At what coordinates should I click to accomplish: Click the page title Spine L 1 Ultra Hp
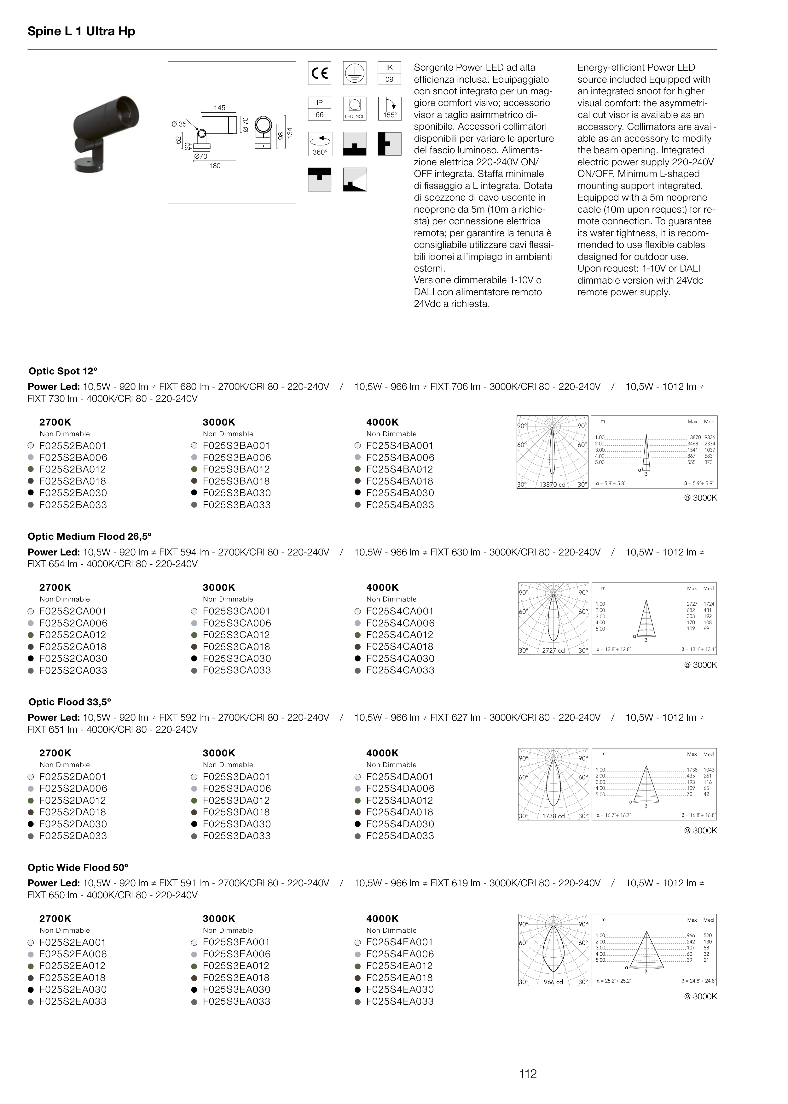[x=81, y=32]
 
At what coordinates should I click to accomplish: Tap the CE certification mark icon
[x=320, y=73]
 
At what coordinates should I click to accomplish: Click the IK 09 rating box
[x=389, y=73]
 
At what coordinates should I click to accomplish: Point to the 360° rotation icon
[x=320, y=144]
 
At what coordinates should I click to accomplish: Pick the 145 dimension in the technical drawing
[x=219, y=108]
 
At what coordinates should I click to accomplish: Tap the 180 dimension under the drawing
[x=214, y=166]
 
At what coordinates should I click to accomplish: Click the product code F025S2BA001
[x=73, y=446]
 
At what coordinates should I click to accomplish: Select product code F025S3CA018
[x=236, y=647]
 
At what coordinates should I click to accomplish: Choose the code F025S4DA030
[x=400, y=824]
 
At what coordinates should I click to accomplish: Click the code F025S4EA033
[x=400, y=1001]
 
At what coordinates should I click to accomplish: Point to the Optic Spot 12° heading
[x=63, y=371]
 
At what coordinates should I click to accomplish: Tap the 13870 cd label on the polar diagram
[x=552, y=484]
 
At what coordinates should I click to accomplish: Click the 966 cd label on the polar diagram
[x=553, y=982]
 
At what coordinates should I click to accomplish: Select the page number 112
[x=527, y=1074]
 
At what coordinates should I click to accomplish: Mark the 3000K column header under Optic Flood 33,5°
[x=219, y=753]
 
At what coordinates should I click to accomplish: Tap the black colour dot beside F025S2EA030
[x=31, y=989]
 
